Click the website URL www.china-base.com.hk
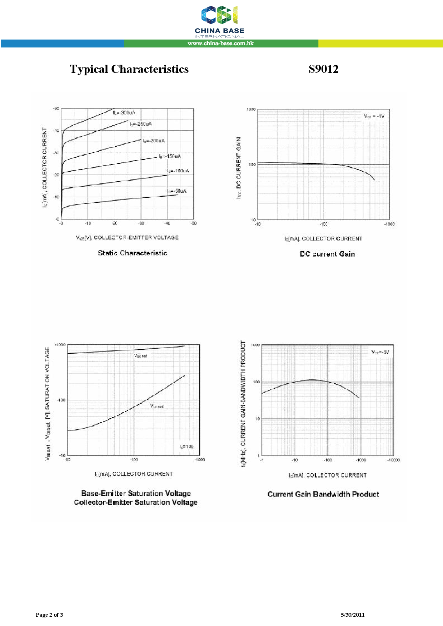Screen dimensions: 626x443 (x=220, y=44)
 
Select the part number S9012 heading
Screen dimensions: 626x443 (x=323, y=69)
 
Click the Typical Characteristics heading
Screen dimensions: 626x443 (x=129, y=69)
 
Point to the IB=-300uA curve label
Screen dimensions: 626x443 (x=124, y=113)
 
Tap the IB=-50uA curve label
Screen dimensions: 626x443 (x=176, y=191)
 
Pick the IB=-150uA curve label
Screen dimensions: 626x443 (x=170, y=156)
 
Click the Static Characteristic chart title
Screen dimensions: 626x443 (x=133, y=253)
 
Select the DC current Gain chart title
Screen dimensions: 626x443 (x=327, y=254)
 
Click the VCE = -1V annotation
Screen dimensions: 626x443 (x=374, y=116)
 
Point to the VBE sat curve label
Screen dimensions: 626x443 (x=140, y=356)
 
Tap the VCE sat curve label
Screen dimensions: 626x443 (x=157, y=406)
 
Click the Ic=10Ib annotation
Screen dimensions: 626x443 (x=187, y=446)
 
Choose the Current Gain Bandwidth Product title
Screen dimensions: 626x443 (x=323, y=494)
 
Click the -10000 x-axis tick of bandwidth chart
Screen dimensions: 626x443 (x=393, y=460)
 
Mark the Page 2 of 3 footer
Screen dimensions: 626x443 (x=49, y=615)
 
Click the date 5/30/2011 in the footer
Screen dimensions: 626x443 (x=352, y=615)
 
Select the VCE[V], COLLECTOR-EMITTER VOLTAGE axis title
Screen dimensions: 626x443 (x=127, y=238)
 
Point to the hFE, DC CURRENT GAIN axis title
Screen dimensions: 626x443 (x=239, y=168)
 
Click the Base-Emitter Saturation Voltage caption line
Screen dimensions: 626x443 (x=136, y=493)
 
